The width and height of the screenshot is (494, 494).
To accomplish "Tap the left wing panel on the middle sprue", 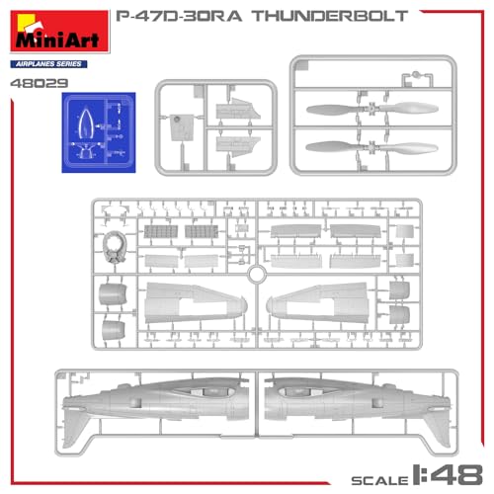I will (x=193, y=301).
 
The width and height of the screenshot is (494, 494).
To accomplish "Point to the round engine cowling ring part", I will (x=116, y=247).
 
